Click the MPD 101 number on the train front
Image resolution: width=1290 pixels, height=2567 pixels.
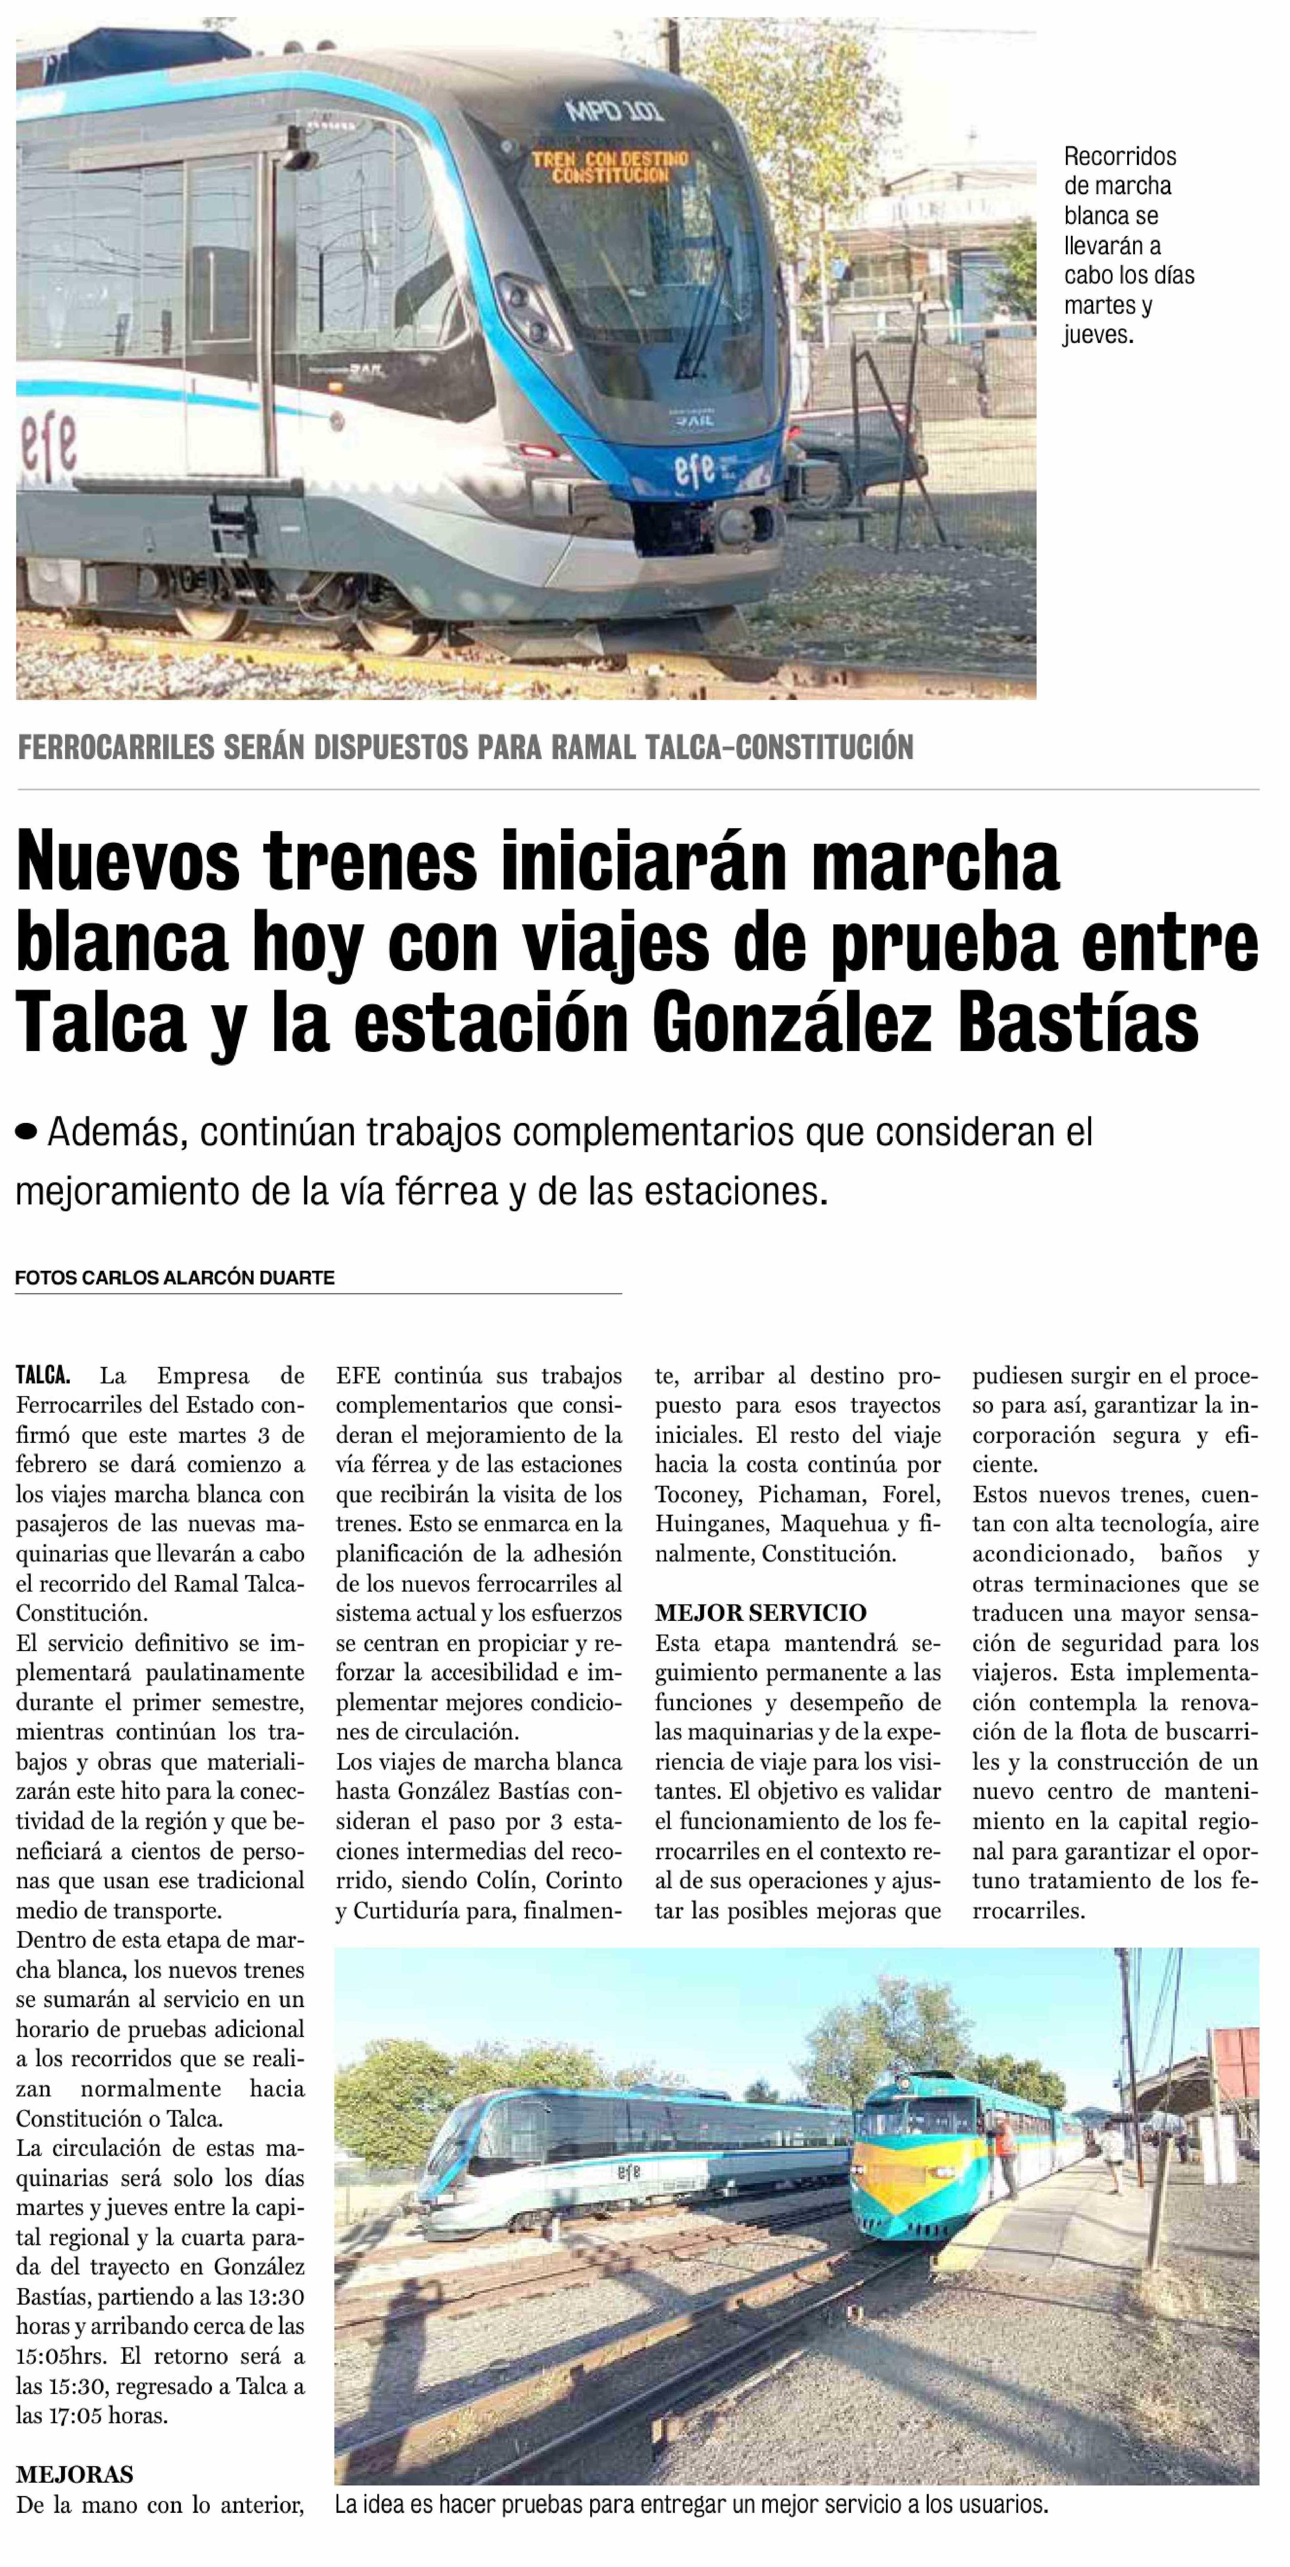[x=613, y=110]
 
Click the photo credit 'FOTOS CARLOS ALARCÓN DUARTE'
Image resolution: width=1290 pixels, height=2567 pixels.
[x=174, y=1278]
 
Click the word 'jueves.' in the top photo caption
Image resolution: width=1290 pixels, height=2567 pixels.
[x=1099, y=335]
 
